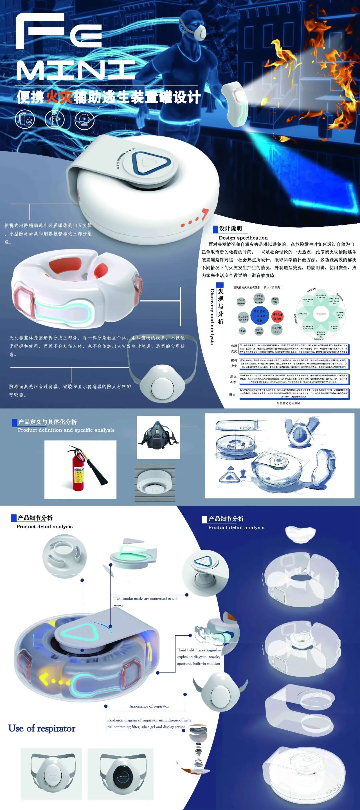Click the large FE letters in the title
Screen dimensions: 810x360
59,31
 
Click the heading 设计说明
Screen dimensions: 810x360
230,229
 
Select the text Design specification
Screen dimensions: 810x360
243,238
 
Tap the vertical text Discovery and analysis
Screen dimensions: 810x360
212,316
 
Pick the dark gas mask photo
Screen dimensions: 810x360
158,437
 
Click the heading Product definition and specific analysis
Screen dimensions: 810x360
66,430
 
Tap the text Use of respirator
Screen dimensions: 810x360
42,728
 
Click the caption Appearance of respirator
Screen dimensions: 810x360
149,706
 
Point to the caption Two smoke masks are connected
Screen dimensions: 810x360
145,599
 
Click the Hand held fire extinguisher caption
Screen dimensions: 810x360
199,650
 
